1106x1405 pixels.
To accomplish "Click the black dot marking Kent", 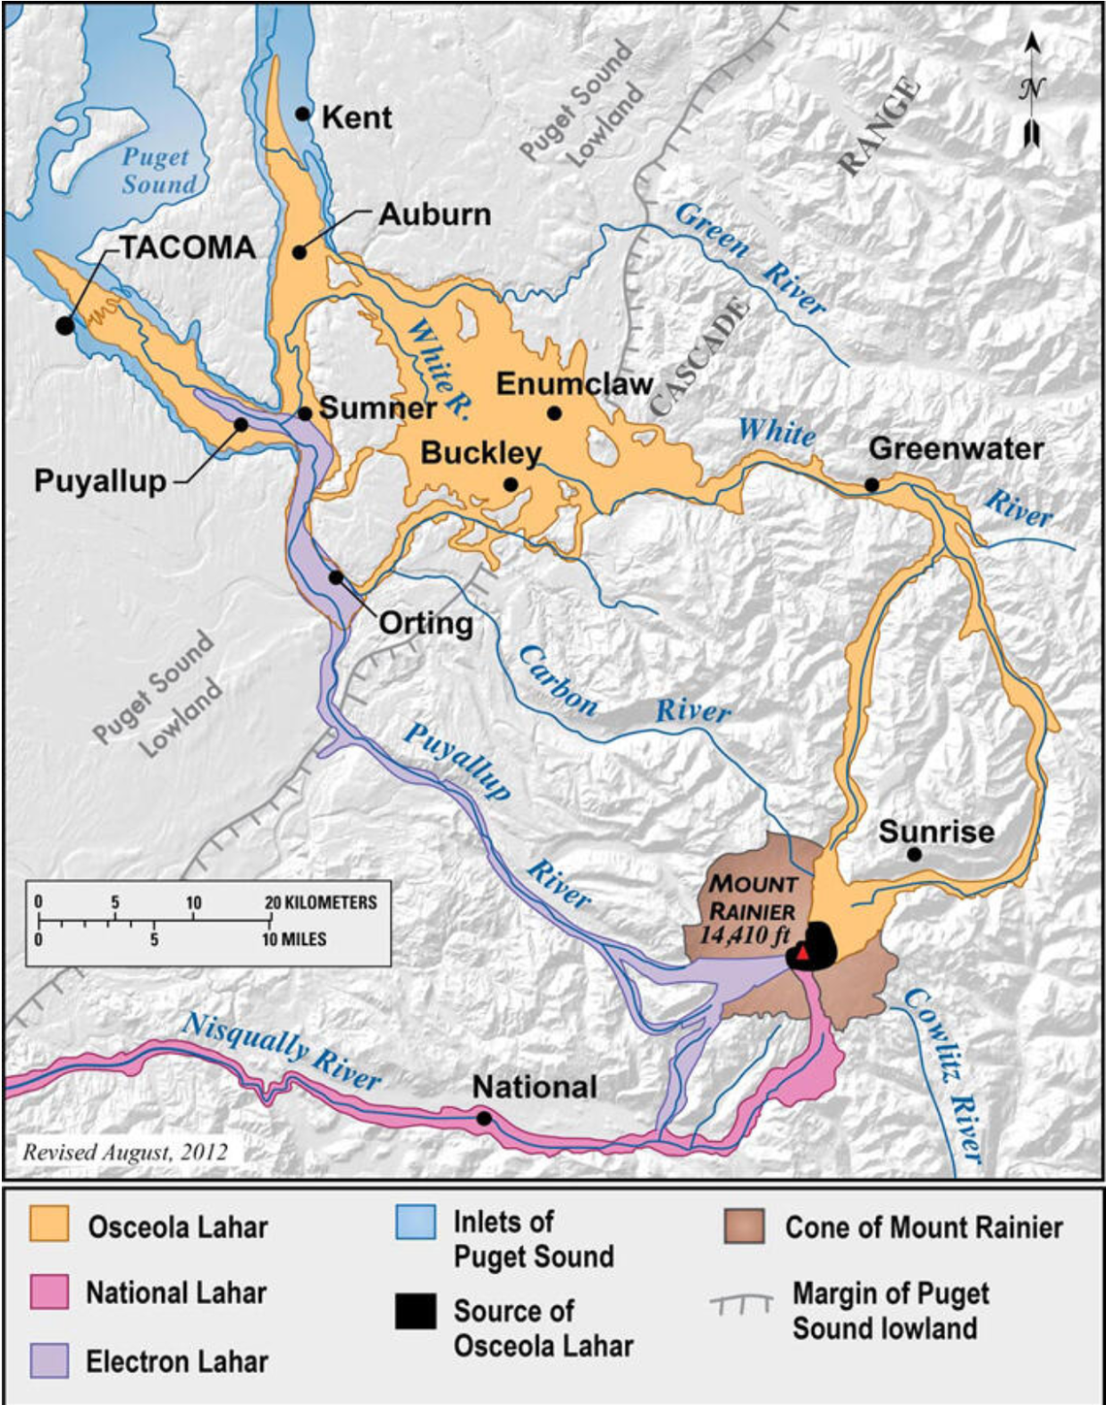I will [x=303, y=114].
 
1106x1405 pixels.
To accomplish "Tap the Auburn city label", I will [x=434, y=214].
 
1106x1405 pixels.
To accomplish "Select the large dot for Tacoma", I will [x=65, y=326].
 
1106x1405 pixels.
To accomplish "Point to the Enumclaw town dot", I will [x=554, y=413].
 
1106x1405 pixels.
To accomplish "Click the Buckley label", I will [x=480, y=453].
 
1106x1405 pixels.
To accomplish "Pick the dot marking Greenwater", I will [x=871, y=484].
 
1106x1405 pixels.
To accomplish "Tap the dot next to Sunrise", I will [x=914, y=854].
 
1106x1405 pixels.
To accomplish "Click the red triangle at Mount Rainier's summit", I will [x=802, y=953].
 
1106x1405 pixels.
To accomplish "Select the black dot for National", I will [x=484, y=1118].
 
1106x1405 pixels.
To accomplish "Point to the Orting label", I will [x=425, y=623].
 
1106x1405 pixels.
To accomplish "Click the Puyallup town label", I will [x=100, y=481].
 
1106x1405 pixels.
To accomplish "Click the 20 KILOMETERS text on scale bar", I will [x=321, y=902].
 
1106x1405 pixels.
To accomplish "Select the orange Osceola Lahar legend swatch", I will [x=49, y=1225].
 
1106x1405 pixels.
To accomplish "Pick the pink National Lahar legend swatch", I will [x=49, y=1291].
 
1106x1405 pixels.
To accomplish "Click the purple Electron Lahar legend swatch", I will [x=49, y=1360].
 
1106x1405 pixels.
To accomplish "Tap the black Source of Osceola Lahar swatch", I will [x=415, y=1311].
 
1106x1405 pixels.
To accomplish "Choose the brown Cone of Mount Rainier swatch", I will [x=744, y=1225].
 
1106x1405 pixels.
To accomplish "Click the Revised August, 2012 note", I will [x=125, y=1153].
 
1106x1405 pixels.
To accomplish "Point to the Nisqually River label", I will [x=281, y=1051].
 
